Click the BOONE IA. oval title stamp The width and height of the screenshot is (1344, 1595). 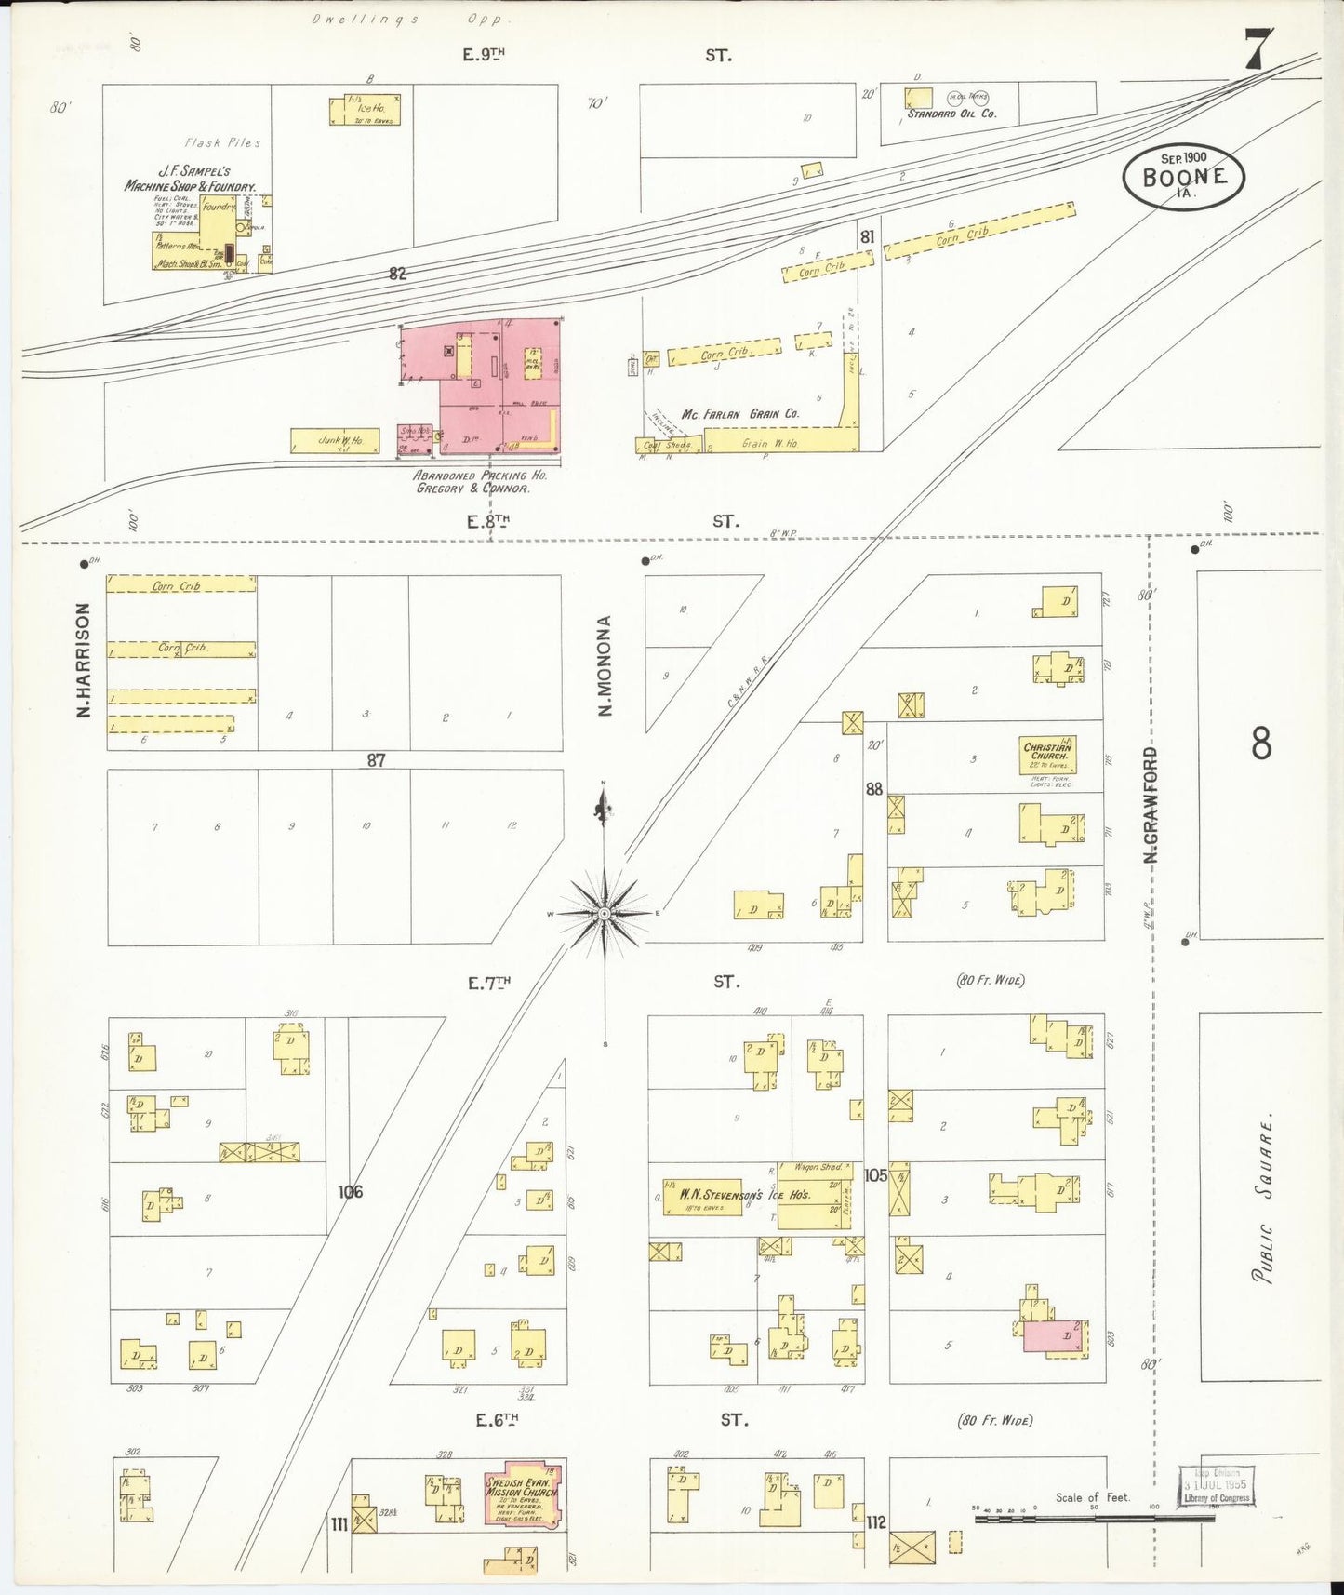(x=1183, y=178)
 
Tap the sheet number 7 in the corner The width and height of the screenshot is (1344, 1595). (x=1256, y=50)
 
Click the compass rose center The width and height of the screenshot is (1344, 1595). (x=605, y=914)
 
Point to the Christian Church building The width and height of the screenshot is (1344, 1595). (x=1047, y=756)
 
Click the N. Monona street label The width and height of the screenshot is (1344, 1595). (x=605, y=666)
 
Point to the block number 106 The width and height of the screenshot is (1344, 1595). (x=350, y=1191)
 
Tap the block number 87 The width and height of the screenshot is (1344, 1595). (x=375, y=760)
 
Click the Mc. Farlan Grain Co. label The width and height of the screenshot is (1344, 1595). (x=739, y=413)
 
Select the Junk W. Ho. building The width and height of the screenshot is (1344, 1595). (x=335, y=440)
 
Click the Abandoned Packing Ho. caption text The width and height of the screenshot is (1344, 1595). (x=480, y=481)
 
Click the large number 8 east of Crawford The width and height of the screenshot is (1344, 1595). (x=1260, y=744)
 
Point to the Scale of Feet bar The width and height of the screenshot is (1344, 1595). (x=1094, y=1518)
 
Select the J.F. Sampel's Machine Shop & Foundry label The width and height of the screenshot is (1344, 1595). (x=192, y=179)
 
